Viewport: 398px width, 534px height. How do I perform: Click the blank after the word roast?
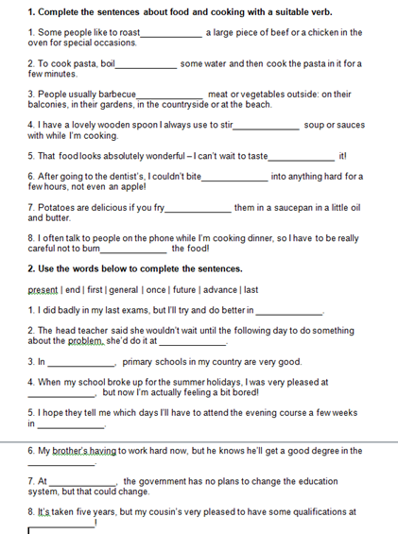click(x=171, y=34)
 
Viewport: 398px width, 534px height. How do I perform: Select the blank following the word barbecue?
click(x=170, y=95)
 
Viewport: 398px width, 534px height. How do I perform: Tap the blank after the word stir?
click(x=267, y=126)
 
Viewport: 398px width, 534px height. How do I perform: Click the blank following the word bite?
click(x=234, y=178)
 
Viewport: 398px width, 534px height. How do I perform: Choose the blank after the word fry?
click(x=198, y=208)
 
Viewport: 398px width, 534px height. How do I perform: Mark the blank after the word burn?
click(x=133, y=250)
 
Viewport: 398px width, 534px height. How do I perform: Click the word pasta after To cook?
click(x=81, y=64)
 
